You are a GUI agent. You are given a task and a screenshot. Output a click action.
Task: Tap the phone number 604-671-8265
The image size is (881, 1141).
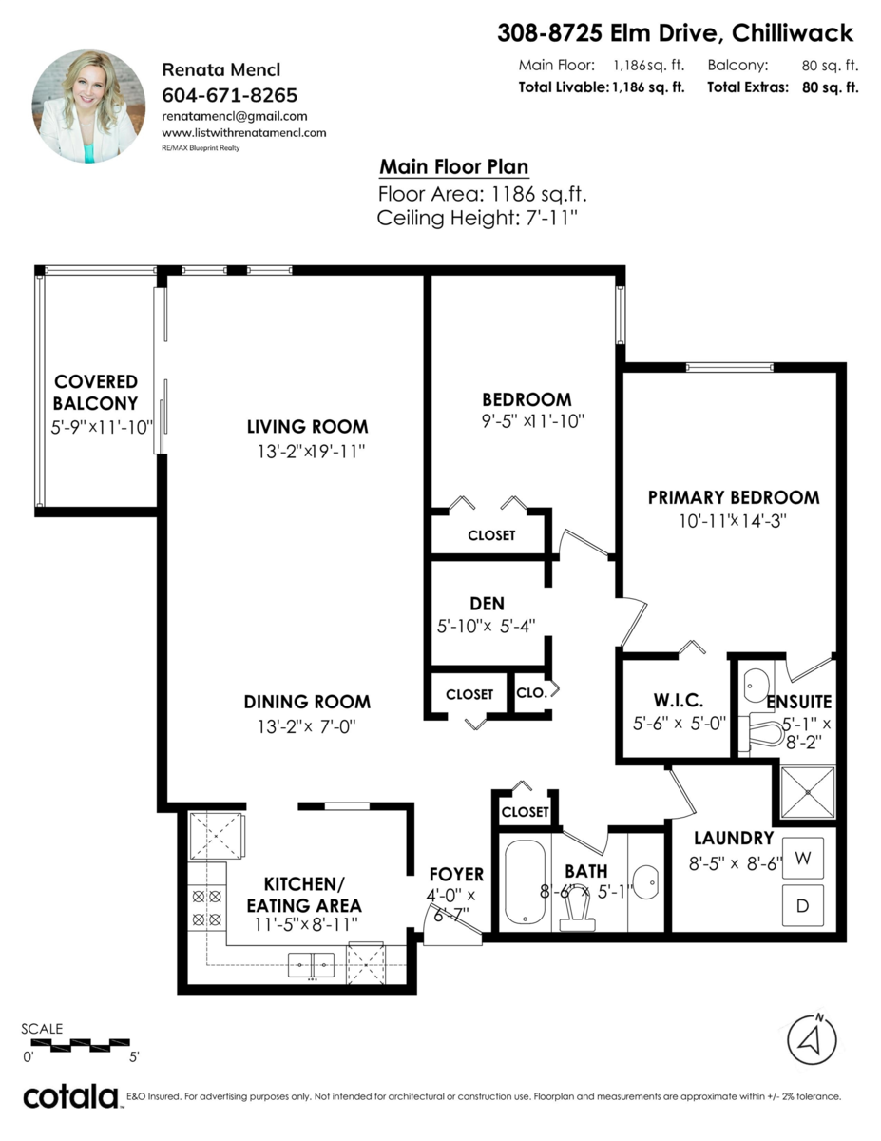point(230,95)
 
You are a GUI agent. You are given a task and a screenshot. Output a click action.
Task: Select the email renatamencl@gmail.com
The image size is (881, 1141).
point(235,116)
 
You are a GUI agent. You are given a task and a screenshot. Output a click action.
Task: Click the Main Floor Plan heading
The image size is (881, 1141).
point(453,167)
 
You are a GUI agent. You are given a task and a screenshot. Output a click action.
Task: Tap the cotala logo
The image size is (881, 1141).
point(70,1096)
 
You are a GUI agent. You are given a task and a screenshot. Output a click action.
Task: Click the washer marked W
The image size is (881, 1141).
point(802,859)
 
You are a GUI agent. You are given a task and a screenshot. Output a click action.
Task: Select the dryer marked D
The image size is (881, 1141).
point(802,905)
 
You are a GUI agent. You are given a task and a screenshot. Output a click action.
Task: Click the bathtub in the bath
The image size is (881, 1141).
point(524,881)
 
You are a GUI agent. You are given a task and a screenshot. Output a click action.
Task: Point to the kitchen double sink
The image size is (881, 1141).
point(312,965)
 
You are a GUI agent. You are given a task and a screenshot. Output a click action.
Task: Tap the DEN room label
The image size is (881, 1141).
point(487,604)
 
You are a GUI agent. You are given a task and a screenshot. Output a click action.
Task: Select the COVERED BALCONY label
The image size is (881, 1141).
point(96,393)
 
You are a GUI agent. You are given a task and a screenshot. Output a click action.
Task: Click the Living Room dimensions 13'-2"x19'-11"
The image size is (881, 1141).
point(307,452)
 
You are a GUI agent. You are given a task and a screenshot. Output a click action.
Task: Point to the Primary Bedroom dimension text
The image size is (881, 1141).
point(733,521)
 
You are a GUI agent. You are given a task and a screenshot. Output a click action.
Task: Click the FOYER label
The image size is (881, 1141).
point(456,874)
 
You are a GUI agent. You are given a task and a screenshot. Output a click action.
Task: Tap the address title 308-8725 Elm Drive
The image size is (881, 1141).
point(676,34)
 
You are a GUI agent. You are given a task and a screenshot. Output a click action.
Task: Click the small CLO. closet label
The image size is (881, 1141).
point(532,693)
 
